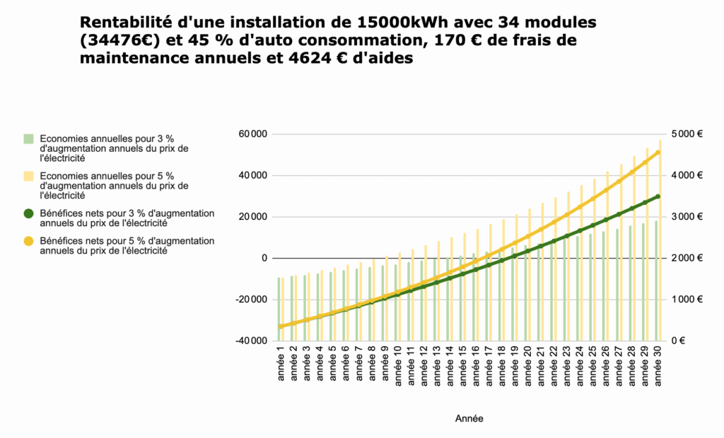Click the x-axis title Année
pyautogui.click(x=469, y=418)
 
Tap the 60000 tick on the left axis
pyautogui.click(x=252, y=134)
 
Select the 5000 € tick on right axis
pyautogui.click(x=686, y=134)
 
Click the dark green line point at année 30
pyautogui.click(x=658, y=196)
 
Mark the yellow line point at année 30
pyautogui.click(x=658, y=152)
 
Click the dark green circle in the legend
pyautogui.click(x=28, y=213)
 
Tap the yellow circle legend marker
pyautogui.click(x=28, y=242)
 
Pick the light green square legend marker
pyautogui.click(x=28, y=138)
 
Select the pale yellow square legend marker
pyautogui.click(x=28, y=176)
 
